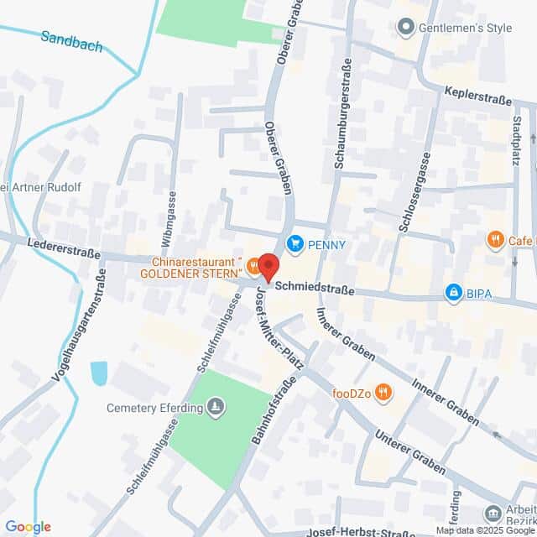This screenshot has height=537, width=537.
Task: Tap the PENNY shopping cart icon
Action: click(x=295, y=245)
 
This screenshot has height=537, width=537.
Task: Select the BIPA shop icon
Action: click(x=454, y=292)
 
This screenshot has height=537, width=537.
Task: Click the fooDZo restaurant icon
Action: click(x=383, y=390)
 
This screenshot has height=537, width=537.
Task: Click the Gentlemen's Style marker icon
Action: click(x=407, y=28)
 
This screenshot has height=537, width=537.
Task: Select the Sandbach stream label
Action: click(x=72, y=41)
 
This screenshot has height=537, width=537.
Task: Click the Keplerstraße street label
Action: click(x=478, y=100)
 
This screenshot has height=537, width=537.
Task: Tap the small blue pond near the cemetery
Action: click(x=99, y=373)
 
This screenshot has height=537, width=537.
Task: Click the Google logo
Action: click(x=29, y=527)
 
